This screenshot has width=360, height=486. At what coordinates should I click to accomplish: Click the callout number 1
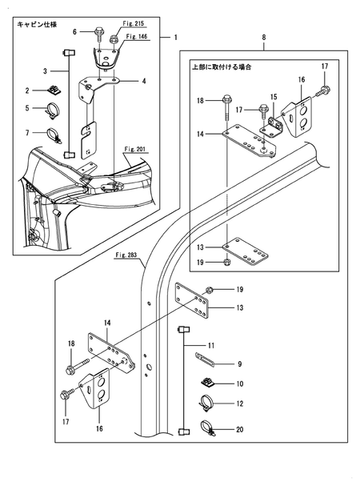point(176,38)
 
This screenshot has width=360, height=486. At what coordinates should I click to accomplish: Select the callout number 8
point(263,38)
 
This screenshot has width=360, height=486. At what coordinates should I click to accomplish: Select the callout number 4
point(143,81)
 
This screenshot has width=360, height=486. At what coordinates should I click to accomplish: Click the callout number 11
point(210,345)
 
